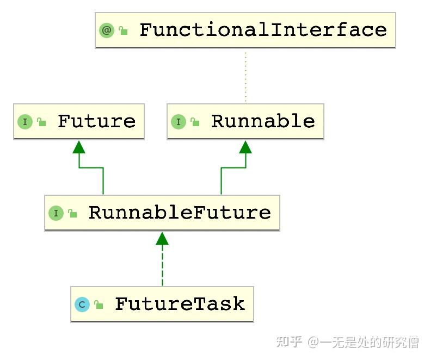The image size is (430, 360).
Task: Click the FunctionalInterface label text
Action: (263, 30)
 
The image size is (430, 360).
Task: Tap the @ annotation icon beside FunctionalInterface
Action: (107, 30)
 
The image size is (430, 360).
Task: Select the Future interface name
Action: (96, 121)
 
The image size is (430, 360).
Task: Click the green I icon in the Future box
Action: (25, 122)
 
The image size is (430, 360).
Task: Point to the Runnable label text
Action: (263, 121)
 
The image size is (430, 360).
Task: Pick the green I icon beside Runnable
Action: (179, 122)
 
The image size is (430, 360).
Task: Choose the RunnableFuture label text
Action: (180, 213)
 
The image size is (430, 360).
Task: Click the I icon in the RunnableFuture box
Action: (56, 213)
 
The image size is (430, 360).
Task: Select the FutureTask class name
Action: (180, 304)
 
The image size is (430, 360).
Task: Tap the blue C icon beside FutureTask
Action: (82, 305)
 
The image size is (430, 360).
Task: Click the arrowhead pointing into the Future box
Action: (79, 147)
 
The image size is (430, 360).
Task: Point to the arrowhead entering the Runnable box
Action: (245, 147)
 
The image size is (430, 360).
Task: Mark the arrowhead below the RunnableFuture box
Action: (162, 238)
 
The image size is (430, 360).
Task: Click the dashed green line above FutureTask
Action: (162, 266)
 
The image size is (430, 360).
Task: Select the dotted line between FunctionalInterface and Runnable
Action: (245, 76)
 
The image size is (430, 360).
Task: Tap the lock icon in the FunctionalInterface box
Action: (124, 31)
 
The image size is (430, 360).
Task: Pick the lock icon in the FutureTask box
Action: (99, 305)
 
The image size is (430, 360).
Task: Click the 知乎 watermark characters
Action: (289, 342)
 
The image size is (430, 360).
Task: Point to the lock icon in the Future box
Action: (42, 122)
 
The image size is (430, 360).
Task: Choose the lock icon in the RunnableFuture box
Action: (73, 214)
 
